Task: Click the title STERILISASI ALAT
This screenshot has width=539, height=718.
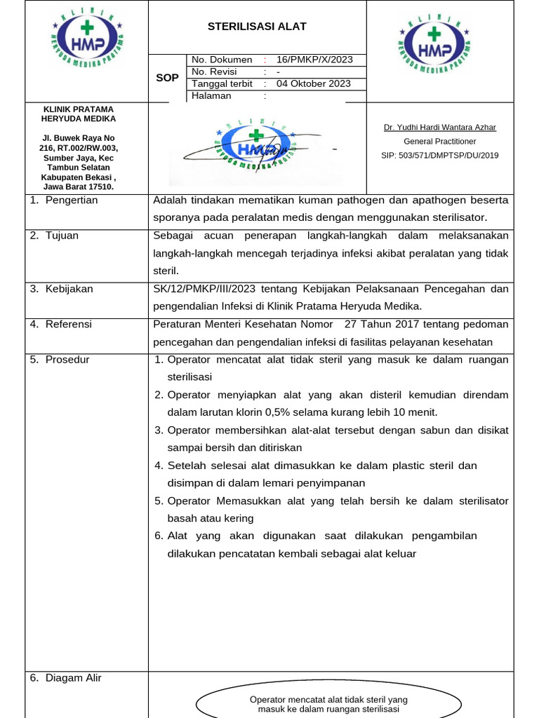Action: coord(257,27)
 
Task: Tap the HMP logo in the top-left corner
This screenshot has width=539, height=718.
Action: coord(87,41)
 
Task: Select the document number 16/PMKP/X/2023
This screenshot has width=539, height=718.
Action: coord(314,60)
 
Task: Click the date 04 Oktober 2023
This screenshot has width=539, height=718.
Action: coord(314,83)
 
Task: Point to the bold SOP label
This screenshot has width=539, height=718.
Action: coord(167,78)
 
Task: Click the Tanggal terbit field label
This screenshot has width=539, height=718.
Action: coord(222,83)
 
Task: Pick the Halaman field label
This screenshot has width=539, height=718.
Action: coord(211,95)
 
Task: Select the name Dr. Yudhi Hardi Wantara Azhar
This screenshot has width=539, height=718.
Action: coord(440,128)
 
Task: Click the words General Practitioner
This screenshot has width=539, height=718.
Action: coord(440,142)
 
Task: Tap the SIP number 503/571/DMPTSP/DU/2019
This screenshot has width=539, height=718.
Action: coord(440,155)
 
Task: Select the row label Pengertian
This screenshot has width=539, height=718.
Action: coord(71,201)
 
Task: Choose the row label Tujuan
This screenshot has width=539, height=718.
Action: coord(62,236)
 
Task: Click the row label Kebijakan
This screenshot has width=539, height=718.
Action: coord(69,289)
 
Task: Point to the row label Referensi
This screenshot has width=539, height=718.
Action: coord(68,324)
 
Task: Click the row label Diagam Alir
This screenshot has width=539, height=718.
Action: coord(73,677)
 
